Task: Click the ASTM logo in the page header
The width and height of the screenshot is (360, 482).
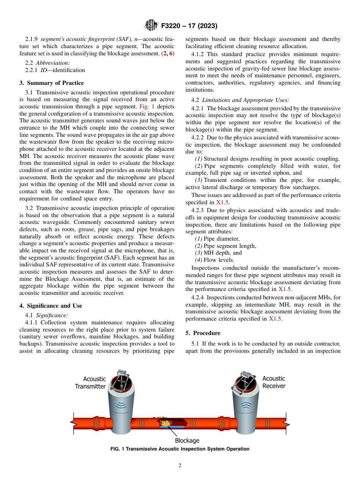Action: tap(151, 26)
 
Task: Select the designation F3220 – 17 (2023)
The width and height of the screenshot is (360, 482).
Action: tap(189, 26)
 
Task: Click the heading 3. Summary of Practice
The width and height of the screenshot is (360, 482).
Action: tap(52, 83)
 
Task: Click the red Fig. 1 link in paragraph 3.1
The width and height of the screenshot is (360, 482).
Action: tap(147, 107)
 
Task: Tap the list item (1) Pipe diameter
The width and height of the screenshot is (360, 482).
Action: tap(217, 239)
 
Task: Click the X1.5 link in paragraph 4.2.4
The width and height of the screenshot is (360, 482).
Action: tap(275, 319)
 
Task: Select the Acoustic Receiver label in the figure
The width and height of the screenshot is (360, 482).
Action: tap(274, 382)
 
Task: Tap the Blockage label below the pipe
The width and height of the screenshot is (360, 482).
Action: tap(187, 440)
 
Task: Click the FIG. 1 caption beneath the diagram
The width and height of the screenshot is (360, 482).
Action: tap(180, 449)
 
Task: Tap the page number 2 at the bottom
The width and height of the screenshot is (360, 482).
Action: tap(180, 466)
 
